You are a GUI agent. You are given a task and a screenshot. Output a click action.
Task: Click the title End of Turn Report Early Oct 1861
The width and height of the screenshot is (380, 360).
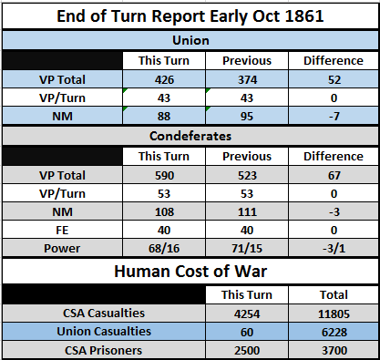[x=190, y=16]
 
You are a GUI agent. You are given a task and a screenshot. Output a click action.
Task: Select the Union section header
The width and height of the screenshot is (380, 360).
[x=190, y=40]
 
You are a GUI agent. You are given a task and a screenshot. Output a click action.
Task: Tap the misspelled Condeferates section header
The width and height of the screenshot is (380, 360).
[x=190, y=136]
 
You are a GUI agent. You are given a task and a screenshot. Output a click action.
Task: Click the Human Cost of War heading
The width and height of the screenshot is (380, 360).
[x=190, y=272]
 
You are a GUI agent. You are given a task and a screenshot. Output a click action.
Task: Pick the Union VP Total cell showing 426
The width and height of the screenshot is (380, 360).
[x=164, y=80]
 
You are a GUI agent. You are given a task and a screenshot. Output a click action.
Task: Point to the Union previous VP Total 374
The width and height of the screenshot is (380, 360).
[x=247, y=80]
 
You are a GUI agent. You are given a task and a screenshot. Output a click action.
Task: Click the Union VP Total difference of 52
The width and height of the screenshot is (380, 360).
[x=334, y=80]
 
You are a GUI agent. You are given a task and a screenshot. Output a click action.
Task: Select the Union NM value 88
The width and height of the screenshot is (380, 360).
[x=164, y=117]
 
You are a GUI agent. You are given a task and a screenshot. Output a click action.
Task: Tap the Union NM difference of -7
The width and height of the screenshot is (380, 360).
[x=334, y=117]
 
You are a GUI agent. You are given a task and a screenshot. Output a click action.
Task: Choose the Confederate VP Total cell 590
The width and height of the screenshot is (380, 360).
[x=164, y=176]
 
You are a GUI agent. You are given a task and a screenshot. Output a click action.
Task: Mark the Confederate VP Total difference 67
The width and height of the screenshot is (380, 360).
[x=334, y=176]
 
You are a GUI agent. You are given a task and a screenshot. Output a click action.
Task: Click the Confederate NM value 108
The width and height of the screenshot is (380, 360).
[x=164, y=212]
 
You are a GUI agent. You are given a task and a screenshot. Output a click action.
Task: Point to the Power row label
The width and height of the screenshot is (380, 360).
[x=62, y=249]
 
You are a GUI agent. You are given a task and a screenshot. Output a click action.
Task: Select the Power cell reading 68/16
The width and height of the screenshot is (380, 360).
[x=164, y=249]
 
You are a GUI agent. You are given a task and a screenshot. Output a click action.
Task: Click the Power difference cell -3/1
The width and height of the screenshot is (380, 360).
[x=334, y=249]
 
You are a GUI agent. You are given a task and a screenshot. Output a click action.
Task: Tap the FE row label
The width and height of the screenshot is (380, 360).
[x=62, y=231]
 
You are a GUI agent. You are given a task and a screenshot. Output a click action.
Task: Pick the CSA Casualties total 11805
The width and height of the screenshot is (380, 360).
[x=334, y=314]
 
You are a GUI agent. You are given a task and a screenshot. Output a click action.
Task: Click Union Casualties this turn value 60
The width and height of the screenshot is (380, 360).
[x=247, y=332]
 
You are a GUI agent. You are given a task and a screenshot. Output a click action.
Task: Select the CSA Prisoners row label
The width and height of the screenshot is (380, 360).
[x=103, y=350]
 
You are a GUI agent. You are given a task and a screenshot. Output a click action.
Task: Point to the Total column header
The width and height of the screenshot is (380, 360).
[x=334, y=294]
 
